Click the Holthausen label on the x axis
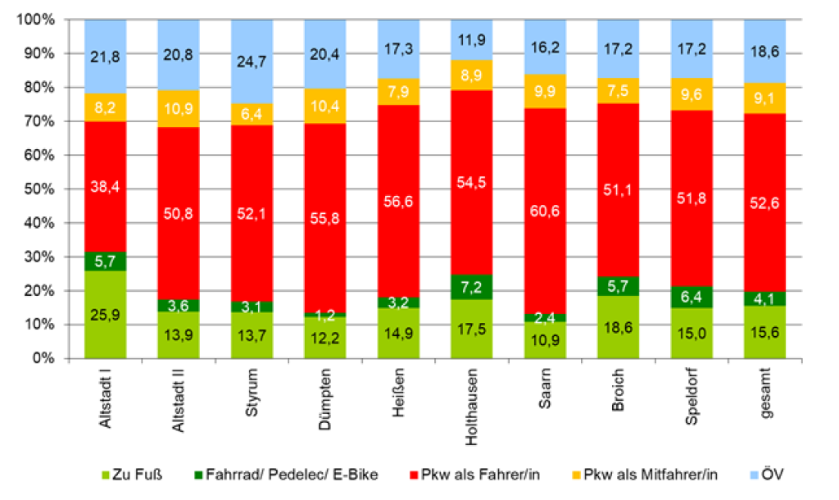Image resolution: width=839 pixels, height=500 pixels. [473, 410]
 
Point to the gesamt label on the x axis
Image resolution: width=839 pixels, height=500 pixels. [765, 399]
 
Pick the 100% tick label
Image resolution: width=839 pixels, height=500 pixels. [34, 20]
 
